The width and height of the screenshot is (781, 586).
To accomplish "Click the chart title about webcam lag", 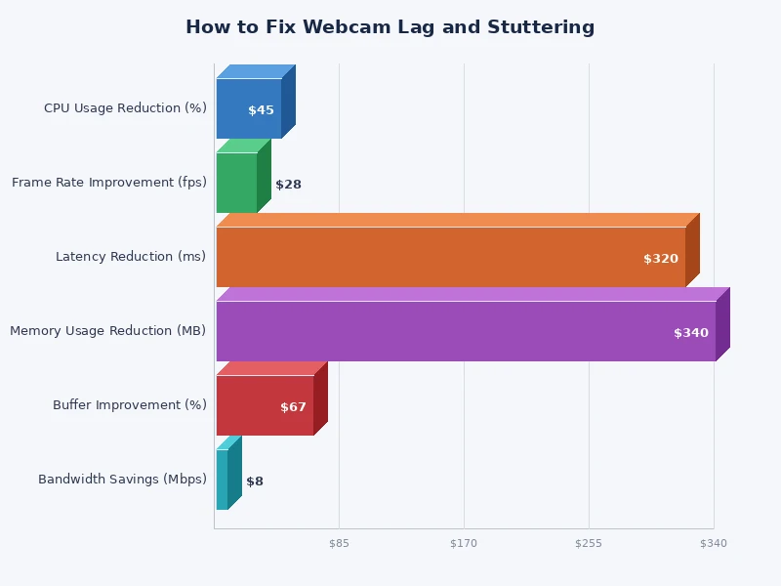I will click(390, 27).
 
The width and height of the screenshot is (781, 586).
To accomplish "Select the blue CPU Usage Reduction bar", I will click(244, 108).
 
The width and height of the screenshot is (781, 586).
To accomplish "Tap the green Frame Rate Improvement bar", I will click(236, 183).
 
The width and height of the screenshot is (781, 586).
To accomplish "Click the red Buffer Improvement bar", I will click(259, 405).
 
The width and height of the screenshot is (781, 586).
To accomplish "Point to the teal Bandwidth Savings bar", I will click(223, 480).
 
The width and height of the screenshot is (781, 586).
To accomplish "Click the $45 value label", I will click(261, 110).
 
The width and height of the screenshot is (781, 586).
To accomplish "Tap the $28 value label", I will click(288, 185).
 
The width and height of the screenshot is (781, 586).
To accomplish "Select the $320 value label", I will click(660, 259).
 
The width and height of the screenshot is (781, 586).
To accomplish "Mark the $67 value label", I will click(293, 407).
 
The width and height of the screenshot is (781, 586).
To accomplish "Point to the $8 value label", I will click(255, 481).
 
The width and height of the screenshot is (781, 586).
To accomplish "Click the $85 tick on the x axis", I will click(339, 543).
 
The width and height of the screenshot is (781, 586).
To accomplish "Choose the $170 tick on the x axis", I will click(464, 543).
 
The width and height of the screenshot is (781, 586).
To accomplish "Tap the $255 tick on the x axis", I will click(589, 543).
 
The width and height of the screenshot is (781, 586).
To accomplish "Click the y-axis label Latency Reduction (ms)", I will click(131, 257).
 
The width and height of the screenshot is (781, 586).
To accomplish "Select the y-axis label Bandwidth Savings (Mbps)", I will click(122, 480).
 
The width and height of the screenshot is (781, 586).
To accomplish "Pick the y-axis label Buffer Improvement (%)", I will click(130, 405).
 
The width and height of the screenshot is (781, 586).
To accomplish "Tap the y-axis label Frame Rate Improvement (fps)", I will click(109, 183).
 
